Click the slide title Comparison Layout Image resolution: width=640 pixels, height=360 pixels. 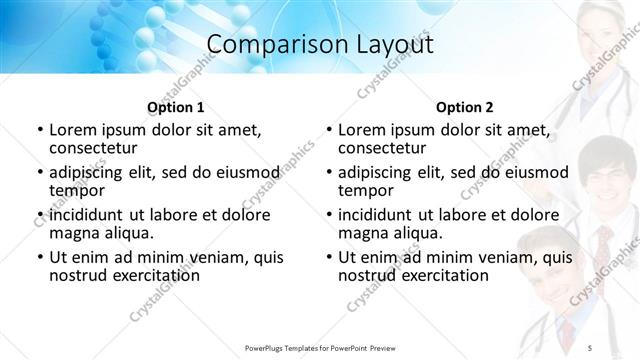(319, 45)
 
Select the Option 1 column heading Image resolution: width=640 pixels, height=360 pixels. (175, 107)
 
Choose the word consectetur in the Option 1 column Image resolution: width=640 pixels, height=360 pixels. (95, 149)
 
